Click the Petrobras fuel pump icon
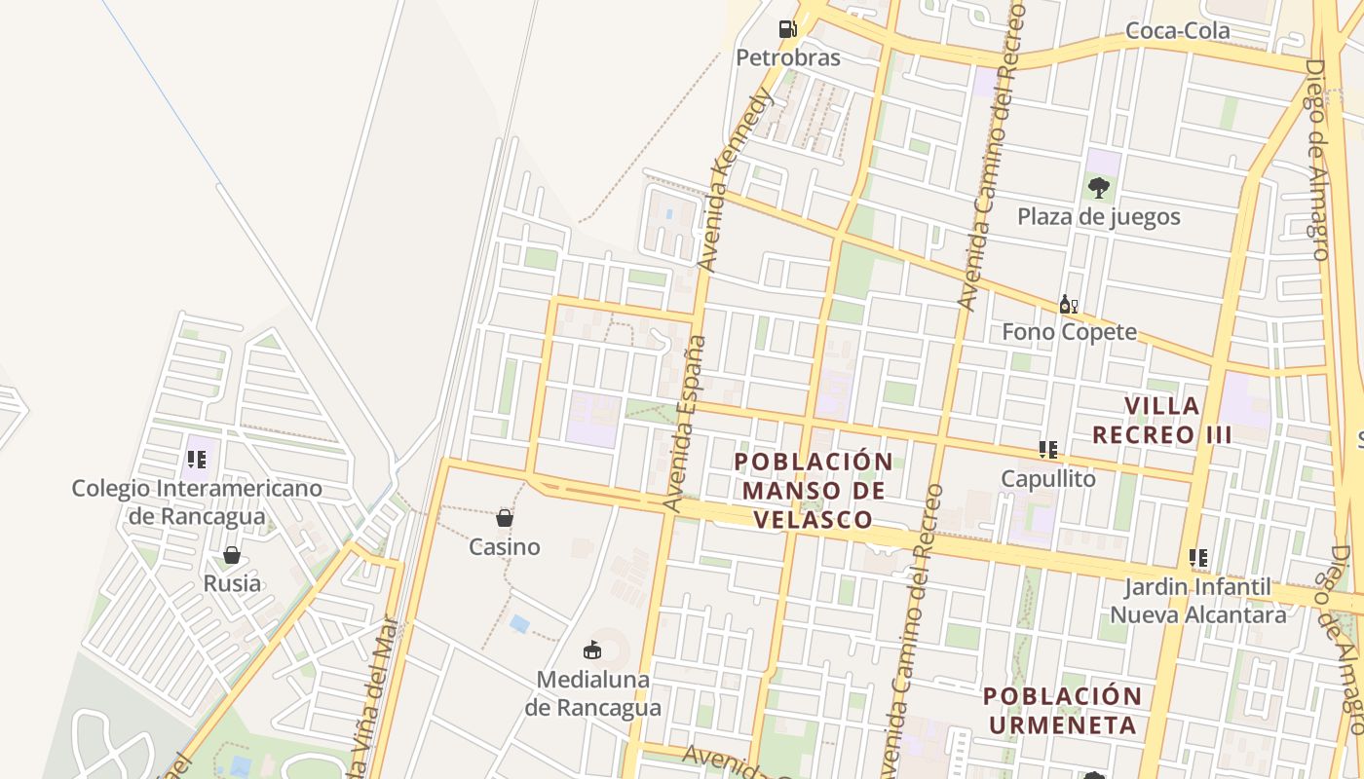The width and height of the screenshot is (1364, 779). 787,28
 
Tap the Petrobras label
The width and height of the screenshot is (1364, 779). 787,57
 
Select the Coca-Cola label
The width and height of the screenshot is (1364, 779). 1177,31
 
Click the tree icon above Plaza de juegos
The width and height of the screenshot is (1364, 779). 1099,187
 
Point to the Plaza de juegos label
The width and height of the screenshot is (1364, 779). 1099,216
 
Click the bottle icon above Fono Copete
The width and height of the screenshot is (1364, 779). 1069,305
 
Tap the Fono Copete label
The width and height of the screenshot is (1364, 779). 1069,332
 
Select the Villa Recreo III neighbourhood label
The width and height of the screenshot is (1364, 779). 1162,420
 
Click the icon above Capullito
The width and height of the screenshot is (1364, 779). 1048,450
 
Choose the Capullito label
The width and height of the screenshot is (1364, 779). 1048,479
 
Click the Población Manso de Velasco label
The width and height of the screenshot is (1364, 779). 813,490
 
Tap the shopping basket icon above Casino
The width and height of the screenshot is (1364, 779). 505,517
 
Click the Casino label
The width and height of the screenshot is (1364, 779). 505,547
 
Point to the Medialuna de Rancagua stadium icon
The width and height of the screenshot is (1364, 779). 592,649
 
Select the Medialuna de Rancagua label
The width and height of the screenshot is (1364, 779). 592,692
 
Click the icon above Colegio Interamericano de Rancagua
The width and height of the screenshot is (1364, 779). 197,458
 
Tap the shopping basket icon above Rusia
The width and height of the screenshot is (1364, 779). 232,555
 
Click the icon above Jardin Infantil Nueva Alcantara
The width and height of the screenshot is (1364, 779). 1198,558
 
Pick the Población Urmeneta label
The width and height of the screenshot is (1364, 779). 1061,710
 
